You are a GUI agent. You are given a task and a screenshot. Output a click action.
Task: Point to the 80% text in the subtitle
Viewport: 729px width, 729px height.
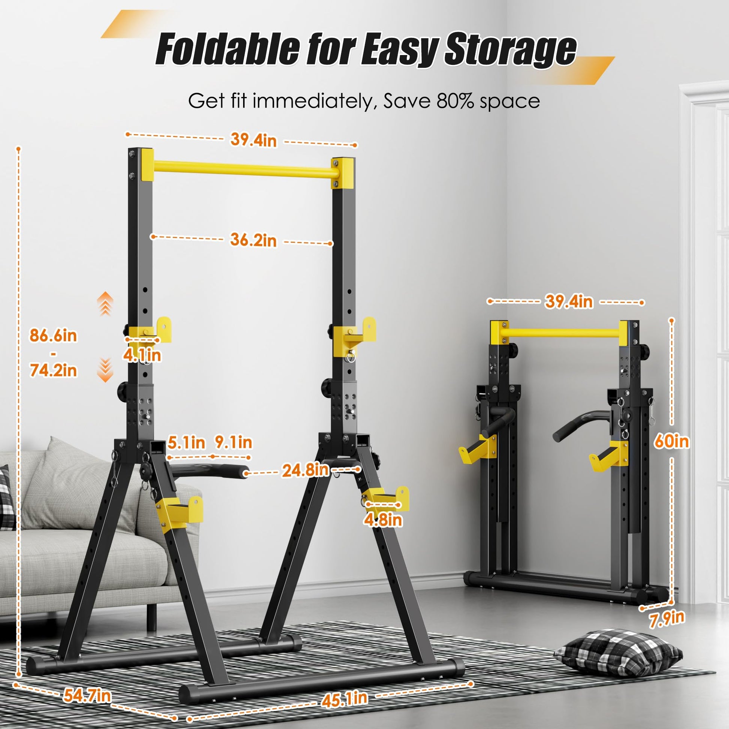point(456,101)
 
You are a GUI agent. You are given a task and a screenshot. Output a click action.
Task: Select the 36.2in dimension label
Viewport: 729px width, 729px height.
point(254,240)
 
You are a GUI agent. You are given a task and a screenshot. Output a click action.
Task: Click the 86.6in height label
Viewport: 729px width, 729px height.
point(53,335)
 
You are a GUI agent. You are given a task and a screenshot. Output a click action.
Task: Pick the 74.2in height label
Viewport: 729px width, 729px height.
point(53,370)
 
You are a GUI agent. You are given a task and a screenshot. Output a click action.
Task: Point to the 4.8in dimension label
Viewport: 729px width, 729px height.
point(383,520)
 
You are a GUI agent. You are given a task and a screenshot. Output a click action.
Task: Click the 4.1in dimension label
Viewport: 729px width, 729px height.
point(142,355)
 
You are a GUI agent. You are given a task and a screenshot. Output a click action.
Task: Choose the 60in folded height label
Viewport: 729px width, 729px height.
point(672,441)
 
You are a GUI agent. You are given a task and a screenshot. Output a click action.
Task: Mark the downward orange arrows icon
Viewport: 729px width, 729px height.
point(105,370)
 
